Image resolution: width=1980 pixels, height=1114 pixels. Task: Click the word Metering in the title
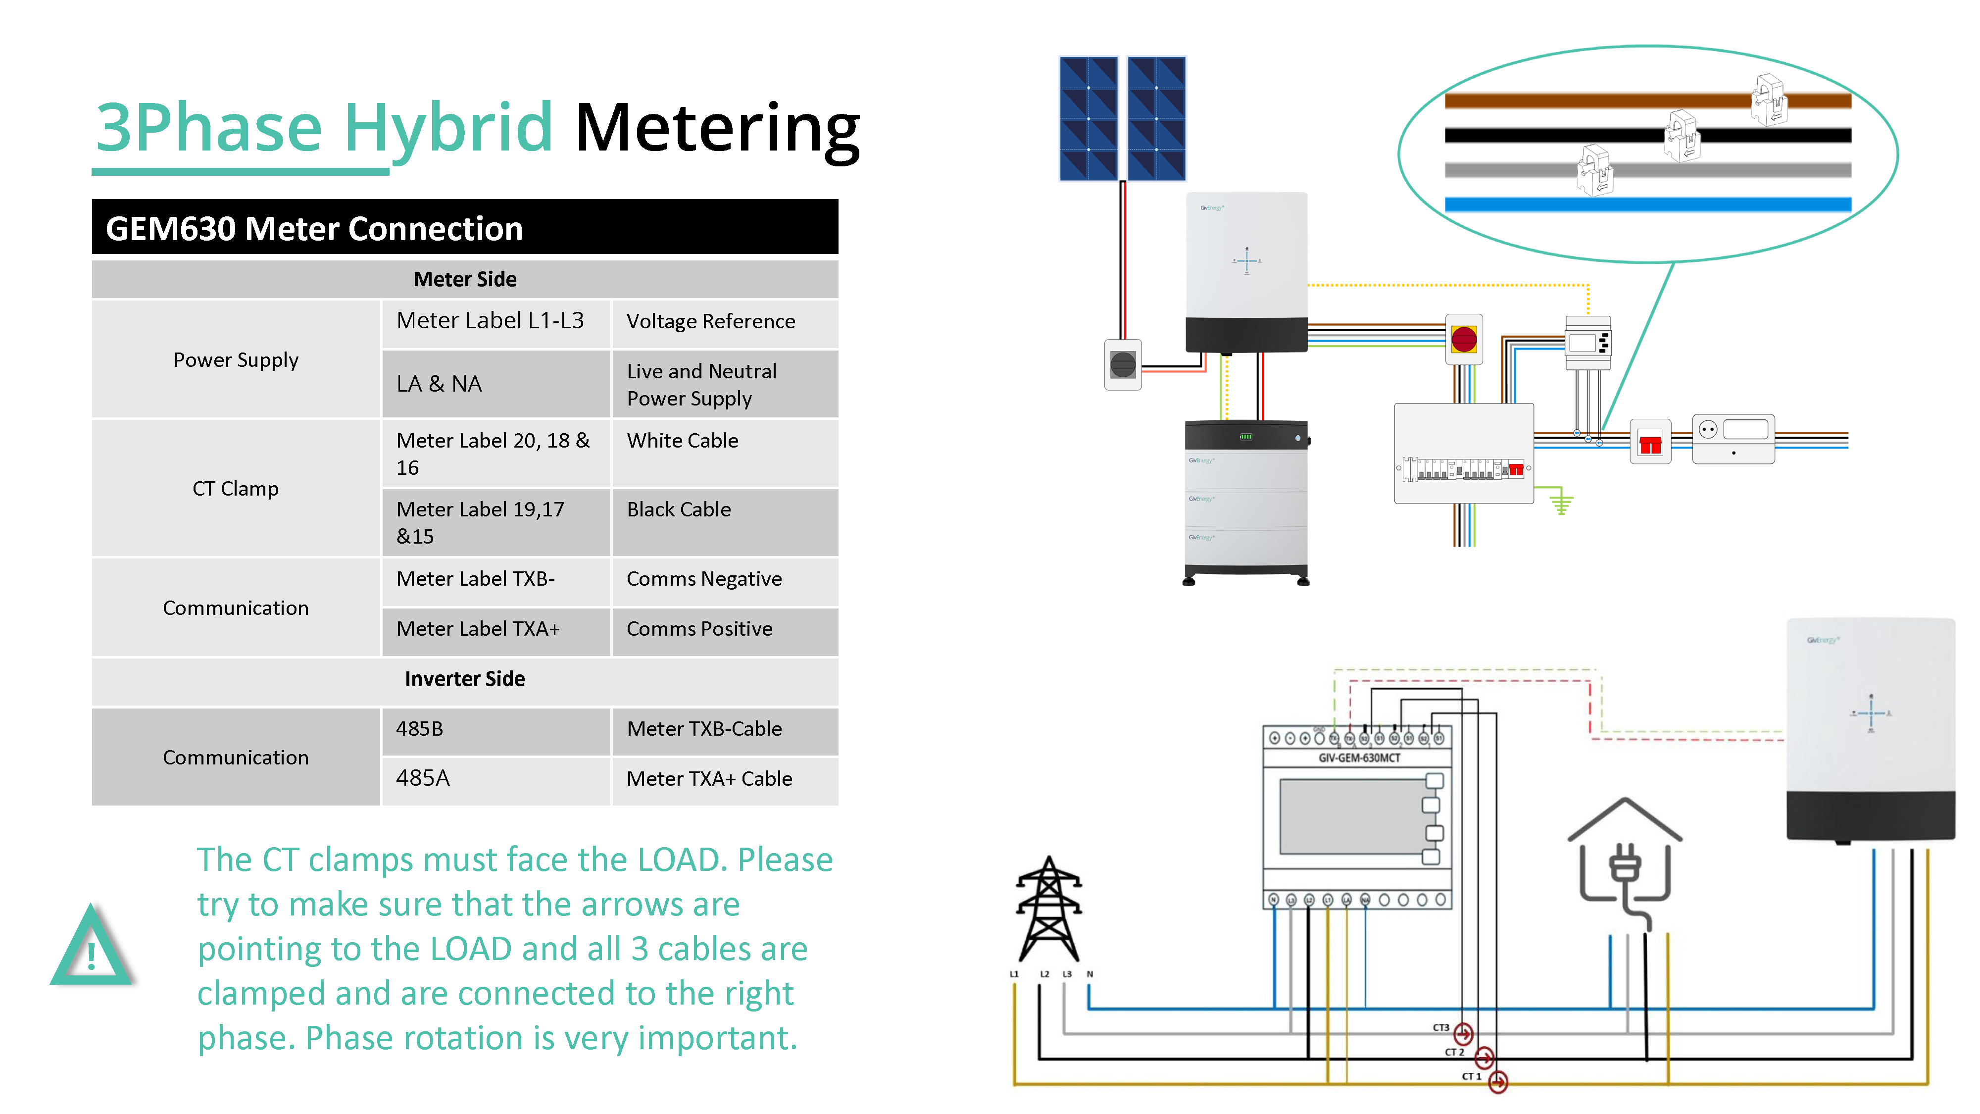point(716,128)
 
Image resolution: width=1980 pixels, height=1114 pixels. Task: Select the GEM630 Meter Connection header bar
point(464,228)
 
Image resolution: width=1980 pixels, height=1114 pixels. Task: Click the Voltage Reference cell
point(710,321)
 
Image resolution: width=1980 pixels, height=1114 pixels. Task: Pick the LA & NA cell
point(440,384)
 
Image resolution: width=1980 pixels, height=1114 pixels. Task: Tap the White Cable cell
point(683,441)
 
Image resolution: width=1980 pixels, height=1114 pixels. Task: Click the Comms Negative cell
point(704,579)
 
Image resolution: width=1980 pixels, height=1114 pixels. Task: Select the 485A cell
point(423,778)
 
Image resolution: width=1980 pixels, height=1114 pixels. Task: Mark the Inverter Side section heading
point(464,679)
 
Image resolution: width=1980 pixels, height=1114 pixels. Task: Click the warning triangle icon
point(92,947)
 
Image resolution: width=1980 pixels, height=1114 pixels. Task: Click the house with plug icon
point(1625,861)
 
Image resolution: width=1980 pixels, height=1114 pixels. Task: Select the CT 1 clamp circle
point(1498,1082)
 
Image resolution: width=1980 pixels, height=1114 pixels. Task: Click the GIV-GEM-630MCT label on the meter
point(1359,758)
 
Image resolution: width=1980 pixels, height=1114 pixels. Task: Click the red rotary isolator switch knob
point(1464,339)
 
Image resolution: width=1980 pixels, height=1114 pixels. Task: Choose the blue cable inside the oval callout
point(1647,204)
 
